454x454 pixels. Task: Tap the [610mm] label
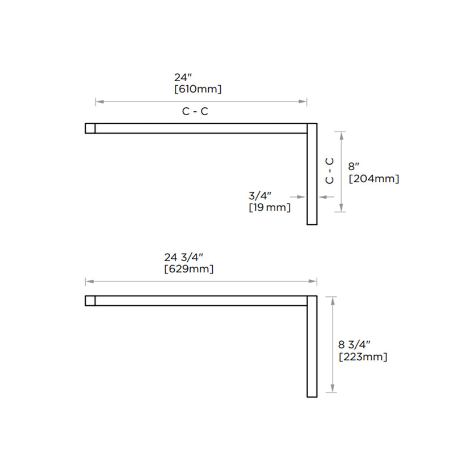point(197,89)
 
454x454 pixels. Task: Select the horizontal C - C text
point(195,112)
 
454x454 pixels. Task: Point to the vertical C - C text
point(329,170)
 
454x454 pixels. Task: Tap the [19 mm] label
point(270,208)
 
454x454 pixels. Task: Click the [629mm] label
point(188,268)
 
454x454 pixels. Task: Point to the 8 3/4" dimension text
point(354,344)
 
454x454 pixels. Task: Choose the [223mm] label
point(363,357)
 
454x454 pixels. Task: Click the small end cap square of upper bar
point(90,128)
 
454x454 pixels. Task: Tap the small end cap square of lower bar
point(90,301)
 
